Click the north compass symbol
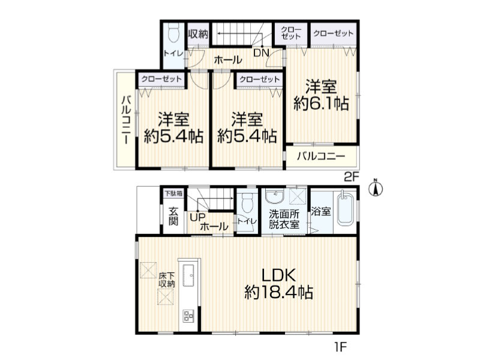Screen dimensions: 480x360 coord(376,187)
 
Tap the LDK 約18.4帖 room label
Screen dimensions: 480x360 coord(279,283)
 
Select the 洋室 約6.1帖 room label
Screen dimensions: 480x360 coord(321,95)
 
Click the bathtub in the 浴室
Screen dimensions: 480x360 coord(345,208)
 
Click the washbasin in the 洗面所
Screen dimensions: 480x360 coord(275,196)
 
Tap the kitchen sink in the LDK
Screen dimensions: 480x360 coord(188,275)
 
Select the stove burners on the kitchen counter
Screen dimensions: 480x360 coord(188,316)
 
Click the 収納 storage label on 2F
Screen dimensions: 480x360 coord(198,34)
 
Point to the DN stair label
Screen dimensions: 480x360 coord(261,53)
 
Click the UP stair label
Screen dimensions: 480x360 coord(197,217)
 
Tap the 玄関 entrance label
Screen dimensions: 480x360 coord(173,216)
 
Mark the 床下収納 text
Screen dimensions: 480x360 coord(167,280)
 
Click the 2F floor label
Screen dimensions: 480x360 coord(352,177)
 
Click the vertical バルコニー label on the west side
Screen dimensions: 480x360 coord(127,119)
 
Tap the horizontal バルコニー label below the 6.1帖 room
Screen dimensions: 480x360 coord(322,157)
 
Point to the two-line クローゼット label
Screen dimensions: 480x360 coord(291,33)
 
